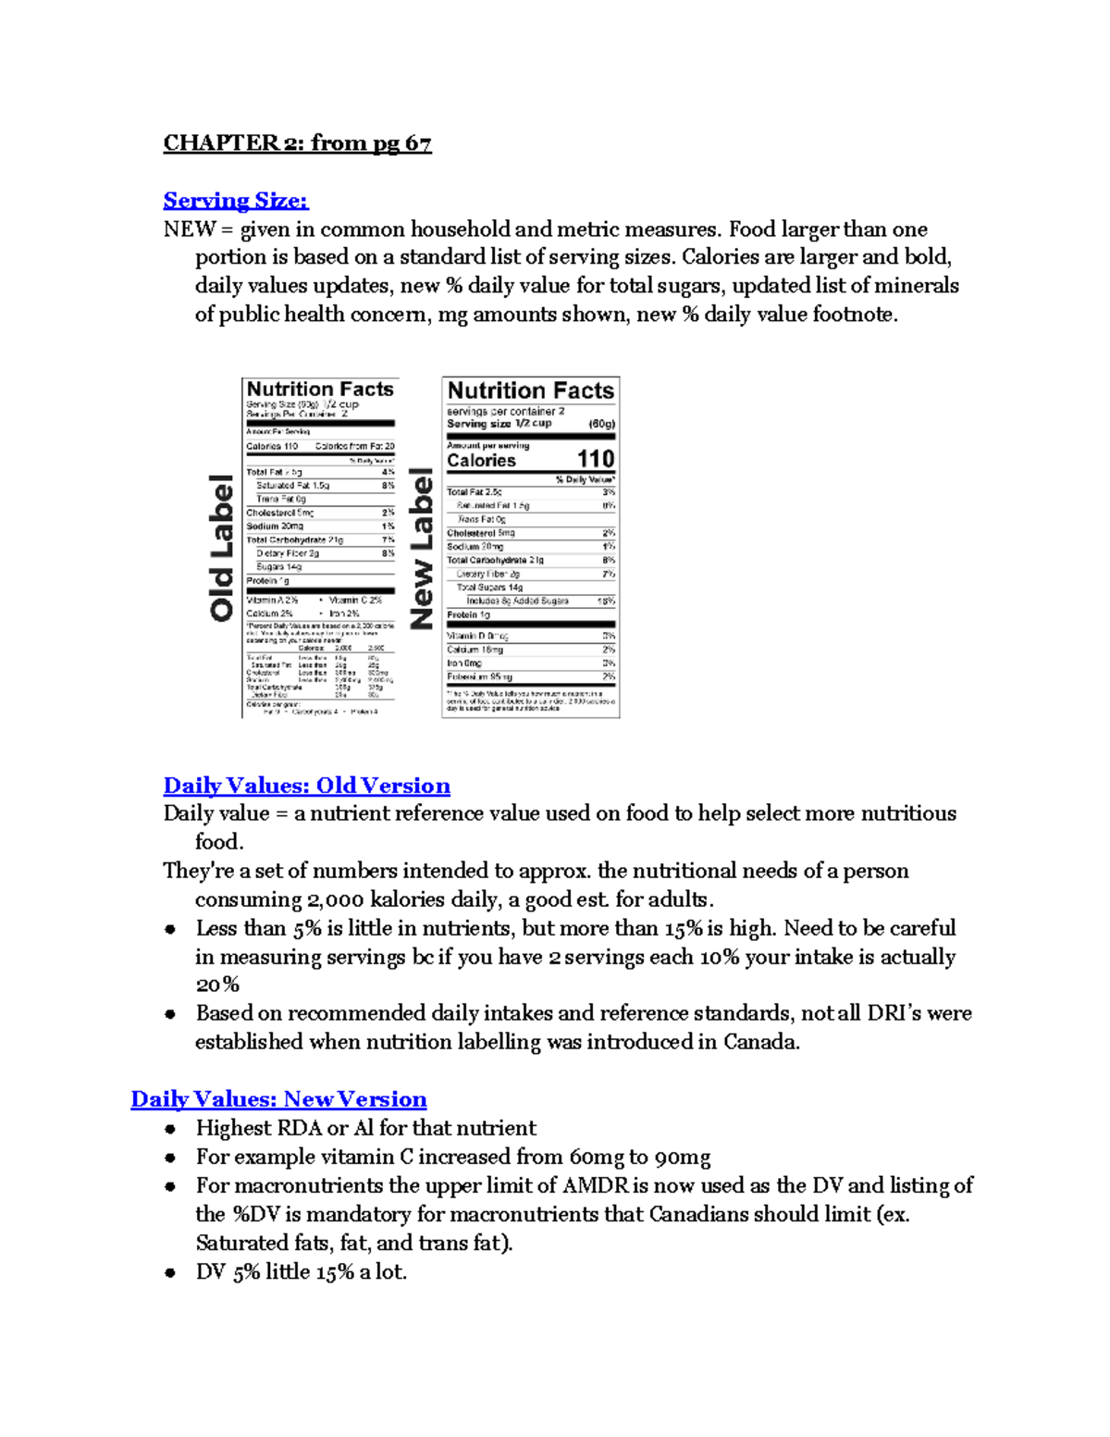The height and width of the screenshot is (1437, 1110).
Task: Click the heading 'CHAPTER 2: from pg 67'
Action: [297, 143]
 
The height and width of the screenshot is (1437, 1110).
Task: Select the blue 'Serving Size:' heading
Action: [236, 201]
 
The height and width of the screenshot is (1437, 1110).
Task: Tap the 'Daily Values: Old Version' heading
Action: [306, 786]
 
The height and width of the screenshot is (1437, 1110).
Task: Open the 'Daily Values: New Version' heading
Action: [278, 1099]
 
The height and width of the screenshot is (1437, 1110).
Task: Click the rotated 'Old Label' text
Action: [222, 548]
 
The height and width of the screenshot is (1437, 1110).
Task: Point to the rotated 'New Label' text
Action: [422, 548]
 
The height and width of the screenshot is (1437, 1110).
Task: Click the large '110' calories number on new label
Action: [595, 459]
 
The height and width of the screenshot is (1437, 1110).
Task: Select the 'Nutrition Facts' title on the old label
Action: [320, 390]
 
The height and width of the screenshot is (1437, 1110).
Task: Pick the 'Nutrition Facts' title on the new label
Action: [531, 390]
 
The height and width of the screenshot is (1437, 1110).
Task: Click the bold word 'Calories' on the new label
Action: [481, 460]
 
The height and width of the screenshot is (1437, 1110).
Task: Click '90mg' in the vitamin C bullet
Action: [682, 1157]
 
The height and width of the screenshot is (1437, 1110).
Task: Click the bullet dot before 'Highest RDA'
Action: [170, 1129]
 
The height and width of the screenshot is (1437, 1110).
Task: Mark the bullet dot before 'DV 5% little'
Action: [170, 1273]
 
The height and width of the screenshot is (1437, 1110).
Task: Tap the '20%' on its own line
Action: [217, 985]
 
